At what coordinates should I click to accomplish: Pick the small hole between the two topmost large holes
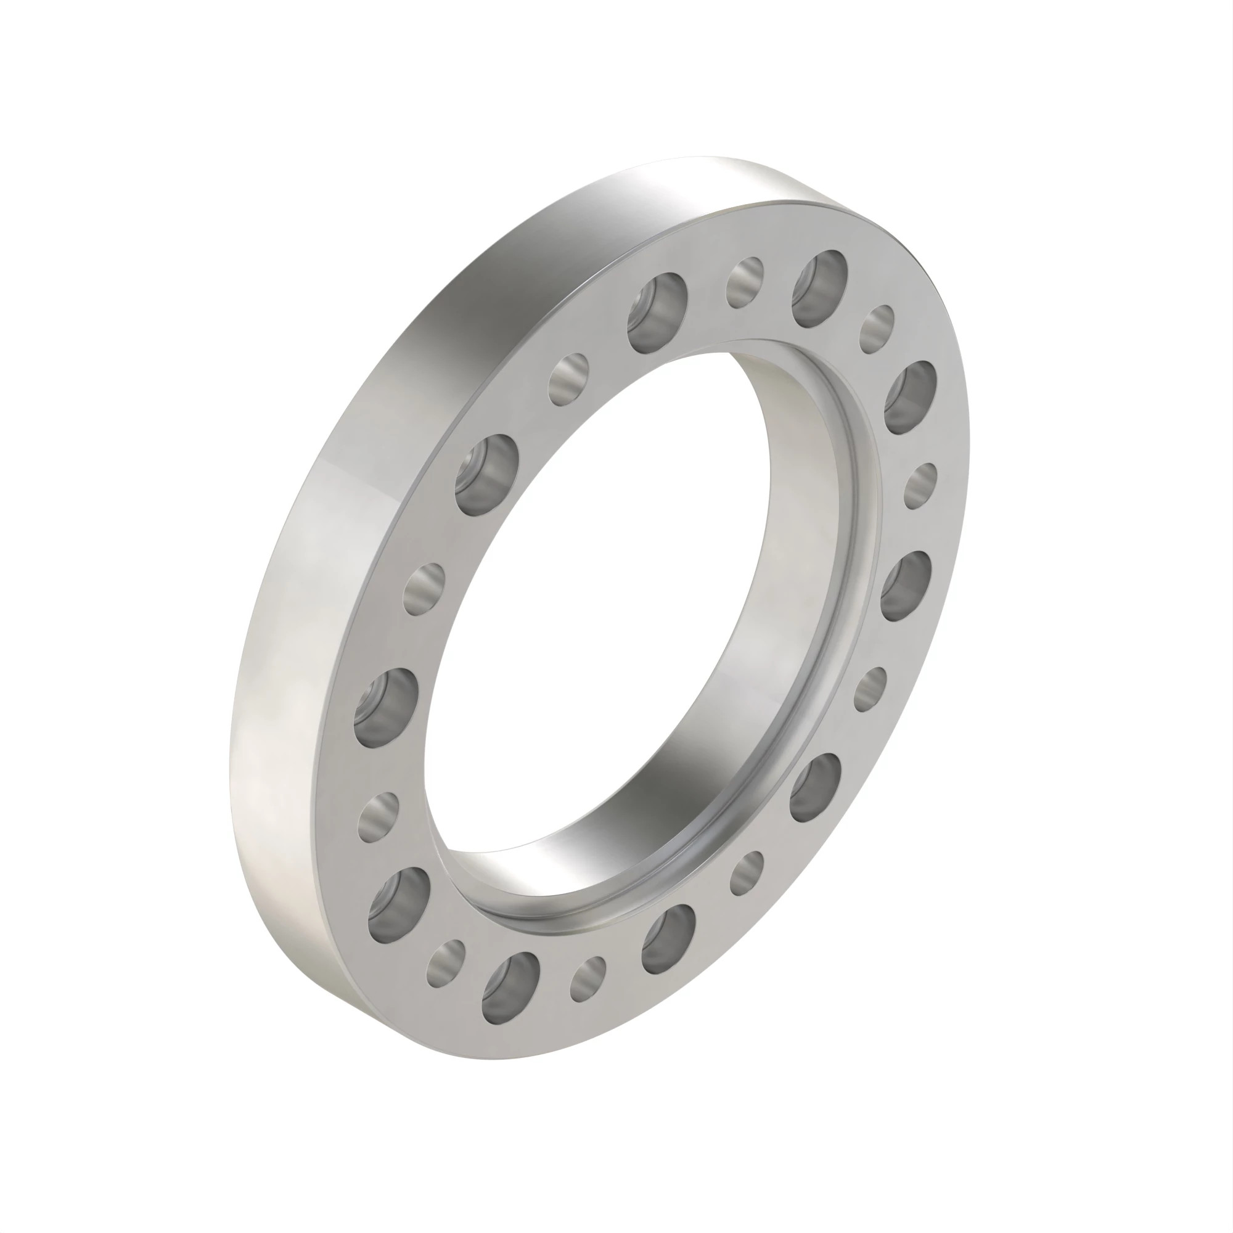pos(745,279)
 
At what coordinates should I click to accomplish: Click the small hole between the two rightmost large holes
pos(921,487)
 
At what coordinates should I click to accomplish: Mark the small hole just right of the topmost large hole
pos(877,329)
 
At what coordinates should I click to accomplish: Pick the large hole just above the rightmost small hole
pos(911,396)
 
